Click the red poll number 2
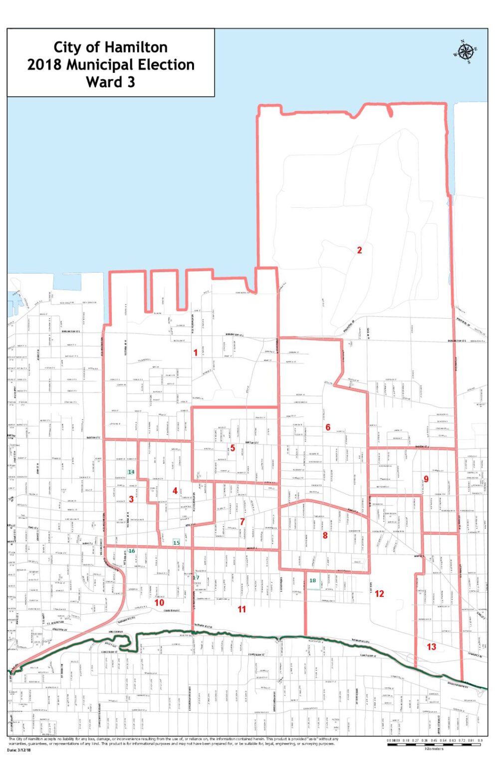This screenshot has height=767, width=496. click(359, 250)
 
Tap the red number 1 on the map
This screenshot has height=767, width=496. click(196, 353)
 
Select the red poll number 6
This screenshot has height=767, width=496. click(328, 427)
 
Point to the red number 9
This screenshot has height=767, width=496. click(426, 479)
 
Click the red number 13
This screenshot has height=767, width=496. click(431, 647)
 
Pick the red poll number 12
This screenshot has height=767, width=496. click(380, 594)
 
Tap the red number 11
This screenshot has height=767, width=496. click(242, 609)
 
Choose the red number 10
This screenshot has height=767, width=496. click(159, 603)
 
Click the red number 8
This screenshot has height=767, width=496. click(325, 536)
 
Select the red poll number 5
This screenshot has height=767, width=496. click(233, 448)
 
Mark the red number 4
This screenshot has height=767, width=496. click(175, 491)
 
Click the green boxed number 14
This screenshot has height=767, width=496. click(131, 472)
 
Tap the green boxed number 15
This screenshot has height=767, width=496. click(176, 542)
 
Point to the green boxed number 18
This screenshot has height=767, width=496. click(313, 581)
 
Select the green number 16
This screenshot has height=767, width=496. click(132, 551)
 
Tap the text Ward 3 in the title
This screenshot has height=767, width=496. click(111, 82)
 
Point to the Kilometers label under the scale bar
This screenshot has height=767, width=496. click(434, 749)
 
